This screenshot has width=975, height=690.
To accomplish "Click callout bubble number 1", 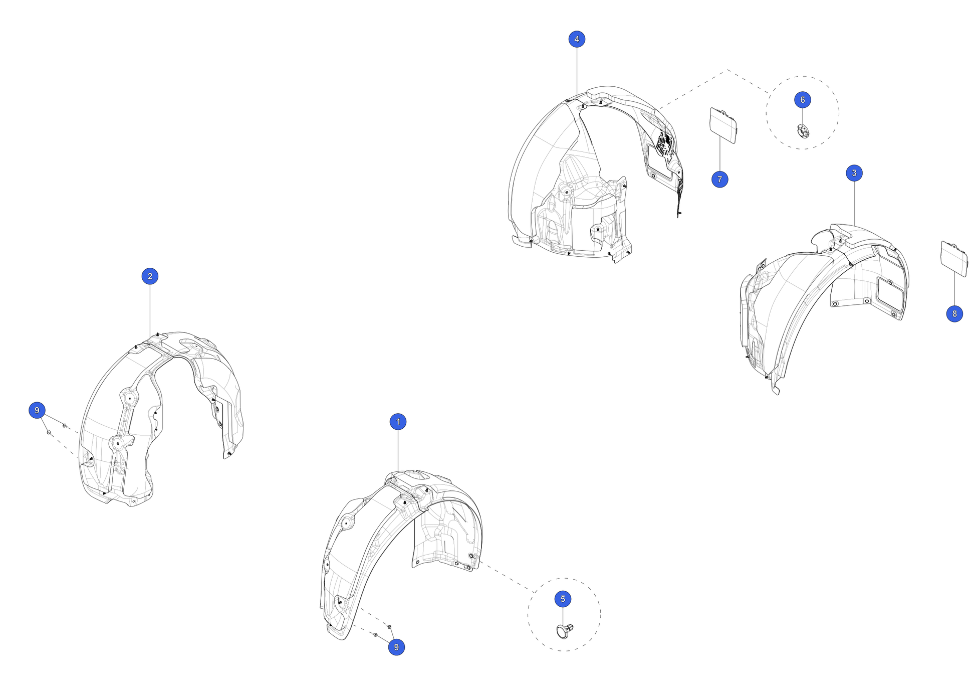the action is pyautogui.click(x=398, y=422).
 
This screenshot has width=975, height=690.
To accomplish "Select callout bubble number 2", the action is pyautogui.click(x=150, y=276).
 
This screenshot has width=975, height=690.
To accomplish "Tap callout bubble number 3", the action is pyautogui.click(x=854, y=173).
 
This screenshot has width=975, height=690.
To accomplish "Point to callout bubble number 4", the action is pyautogui.click(x=577, y=39).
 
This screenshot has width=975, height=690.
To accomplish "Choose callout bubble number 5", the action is pyautogui.click(x=563, y=599).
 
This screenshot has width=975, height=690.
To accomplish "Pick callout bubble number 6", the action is pyautogui.click(x=802, y=100).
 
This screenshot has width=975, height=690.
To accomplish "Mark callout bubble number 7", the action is pyautogui.click(x=719, y=179).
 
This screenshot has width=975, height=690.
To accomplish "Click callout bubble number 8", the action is pyautogui.click(x=954, y=313).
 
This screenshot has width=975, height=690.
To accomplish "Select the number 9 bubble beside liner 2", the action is pyautogui.click(x=37, y=410).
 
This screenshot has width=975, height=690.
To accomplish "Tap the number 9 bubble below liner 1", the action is pyautogui.click(x=396, y=647).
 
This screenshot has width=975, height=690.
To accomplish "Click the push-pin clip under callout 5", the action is pyautogui.click(x=565, y=631).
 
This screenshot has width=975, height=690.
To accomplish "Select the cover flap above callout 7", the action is pyautogui.click(x=723, y=125).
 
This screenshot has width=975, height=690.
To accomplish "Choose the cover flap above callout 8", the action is pyautogui.click(x=954, y=258).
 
